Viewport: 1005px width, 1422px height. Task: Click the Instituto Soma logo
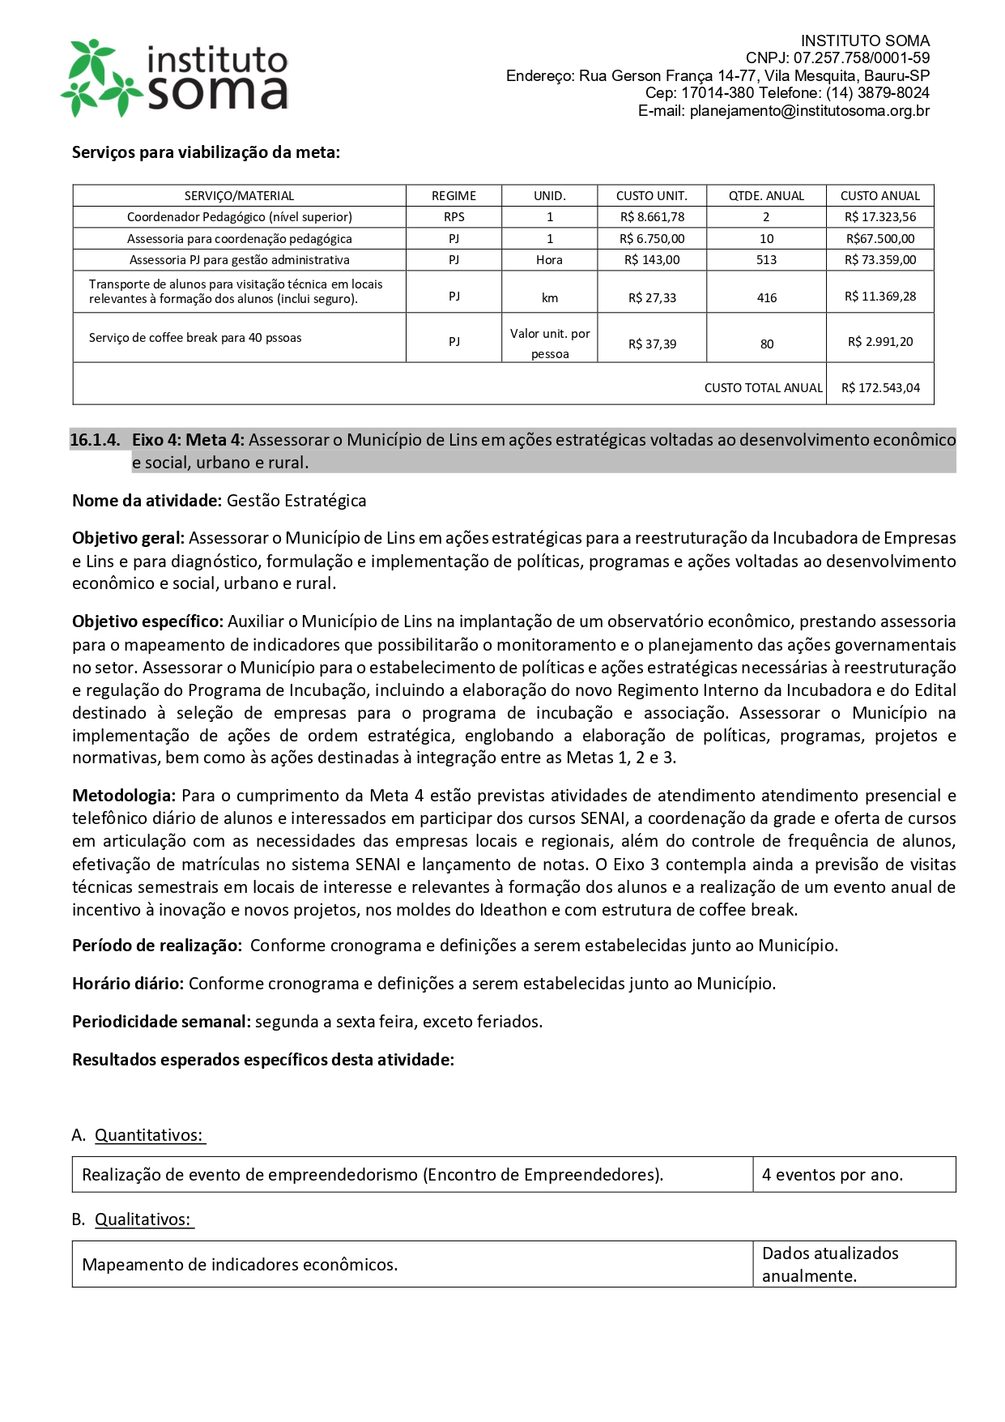[x=175, y=78]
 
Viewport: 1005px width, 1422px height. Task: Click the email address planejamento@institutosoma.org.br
[x=809, y=111]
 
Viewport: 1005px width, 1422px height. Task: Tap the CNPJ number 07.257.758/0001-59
[x=861, y=58]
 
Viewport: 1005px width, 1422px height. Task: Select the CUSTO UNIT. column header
[x=651, y=196]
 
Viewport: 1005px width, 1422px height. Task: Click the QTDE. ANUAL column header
[x=766, y=196]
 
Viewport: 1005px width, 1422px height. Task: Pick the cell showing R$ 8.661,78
[x=652, y=217]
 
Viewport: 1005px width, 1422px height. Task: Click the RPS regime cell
[x=454, y=217]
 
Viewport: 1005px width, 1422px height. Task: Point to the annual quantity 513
[x=766, y=260]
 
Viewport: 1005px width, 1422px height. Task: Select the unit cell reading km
[x=550, y=298]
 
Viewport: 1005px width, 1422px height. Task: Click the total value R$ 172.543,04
[x=880, y=388]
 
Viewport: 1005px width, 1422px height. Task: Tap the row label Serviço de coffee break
[x=195, y=338]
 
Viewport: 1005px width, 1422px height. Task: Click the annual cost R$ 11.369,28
[x=880, y=297]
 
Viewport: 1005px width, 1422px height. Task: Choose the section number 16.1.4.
[x=95, y=440]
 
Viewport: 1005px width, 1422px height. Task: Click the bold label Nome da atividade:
[x=147, y=501]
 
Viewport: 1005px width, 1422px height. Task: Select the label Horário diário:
[x=128, y=984]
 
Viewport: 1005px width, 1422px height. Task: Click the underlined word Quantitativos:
[x=149, y=1135]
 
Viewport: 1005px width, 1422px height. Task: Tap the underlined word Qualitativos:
[x=143, y=1219]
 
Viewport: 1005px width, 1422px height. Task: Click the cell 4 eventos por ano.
[x=832, y=1175]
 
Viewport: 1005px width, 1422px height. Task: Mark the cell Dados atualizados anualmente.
[x=830, y=1264]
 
